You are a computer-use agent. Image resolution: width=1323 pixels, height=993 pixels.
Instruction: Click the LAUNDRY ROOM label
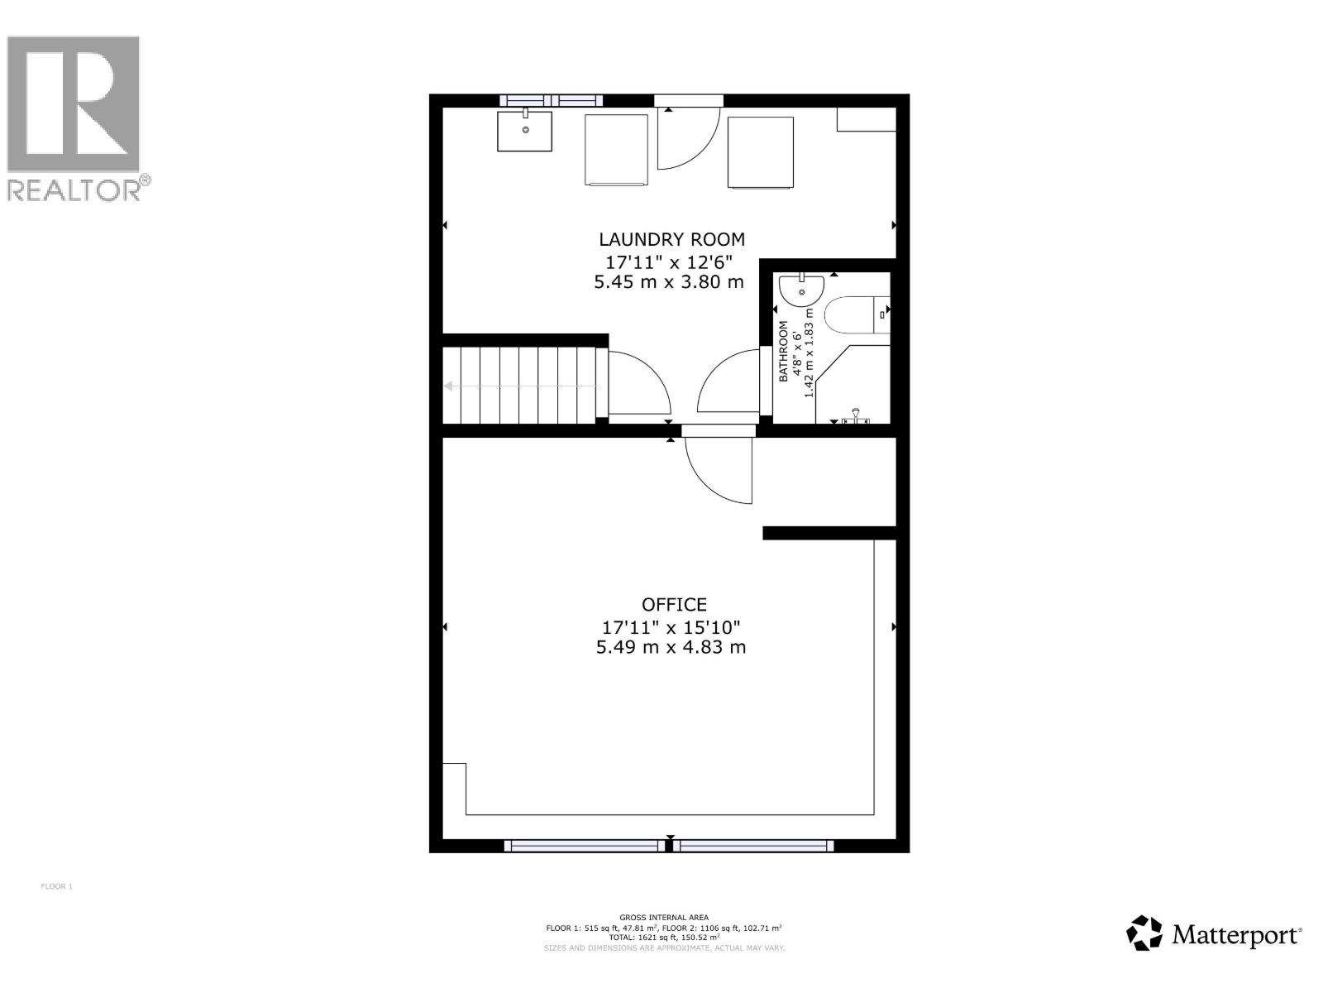pyautogui.click(x=671, y=240)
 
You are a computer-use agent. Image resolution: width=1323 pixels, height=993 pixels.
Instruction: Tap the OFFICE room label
pyautogui.click(x=674, y=605)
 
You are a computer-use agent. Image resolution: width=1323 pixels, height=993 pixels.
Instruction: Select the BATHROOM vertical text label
pyautogui.click(x=783, y=352)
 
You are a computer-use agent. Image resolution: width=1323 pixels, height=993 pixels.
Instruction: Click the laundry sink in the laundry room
pyautogui.click(x=524, y=132)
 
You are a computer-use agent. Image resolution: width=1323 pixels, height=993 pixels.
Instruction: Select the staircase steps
pyautogui.click(x=519, y=386)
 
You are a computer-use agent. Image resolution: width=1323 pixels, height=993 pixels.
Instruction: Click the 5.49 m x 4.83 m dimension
pyautogui.click(x=671, y=647)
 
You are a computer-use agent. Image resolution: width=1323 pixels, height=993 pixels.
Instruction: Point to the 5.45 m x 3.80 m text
pyautogui.click(x=669, y=282)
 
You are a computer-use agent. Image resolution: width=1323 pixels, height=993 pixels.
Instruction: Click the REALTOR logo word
pyautogui.click(x=74, y=189)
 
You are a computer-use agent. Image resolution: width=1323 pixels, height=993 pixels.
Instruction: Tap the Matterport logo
pyautogui.click(x=1214, y=934)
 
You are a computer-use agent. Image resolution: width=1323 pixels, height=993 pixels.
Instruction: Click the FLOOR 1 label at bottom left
pyautogui.click(x=57, y=886)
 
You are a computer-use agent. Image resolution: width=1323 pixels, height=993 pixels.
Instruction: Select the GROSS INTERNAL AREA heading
pyautogui.click(x=664, y=918)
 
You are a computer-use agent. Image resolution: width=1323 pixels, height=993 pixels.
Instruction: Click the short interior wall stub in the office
pyautogui.click(x=829, y=533)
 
